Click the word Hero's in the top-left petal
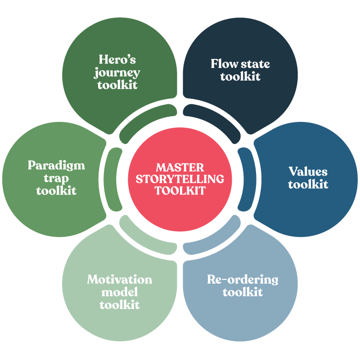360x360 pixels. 117,59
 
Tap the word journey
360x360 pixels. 117,72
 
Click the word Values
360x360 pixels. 308,171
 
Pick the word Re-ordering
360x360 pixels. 243,279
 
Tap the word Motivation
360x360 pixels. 119,279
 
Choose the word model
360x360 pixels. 119,292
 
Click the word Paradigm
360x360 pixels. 56,165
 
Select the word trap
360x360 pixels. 56,178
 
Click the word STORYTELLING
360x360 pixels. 180,179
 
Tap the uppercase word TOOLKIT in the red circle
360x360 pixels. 180,191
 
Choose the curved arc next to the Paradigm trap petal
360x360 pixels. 115,180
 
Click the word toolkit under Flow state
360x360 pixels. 240,76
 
